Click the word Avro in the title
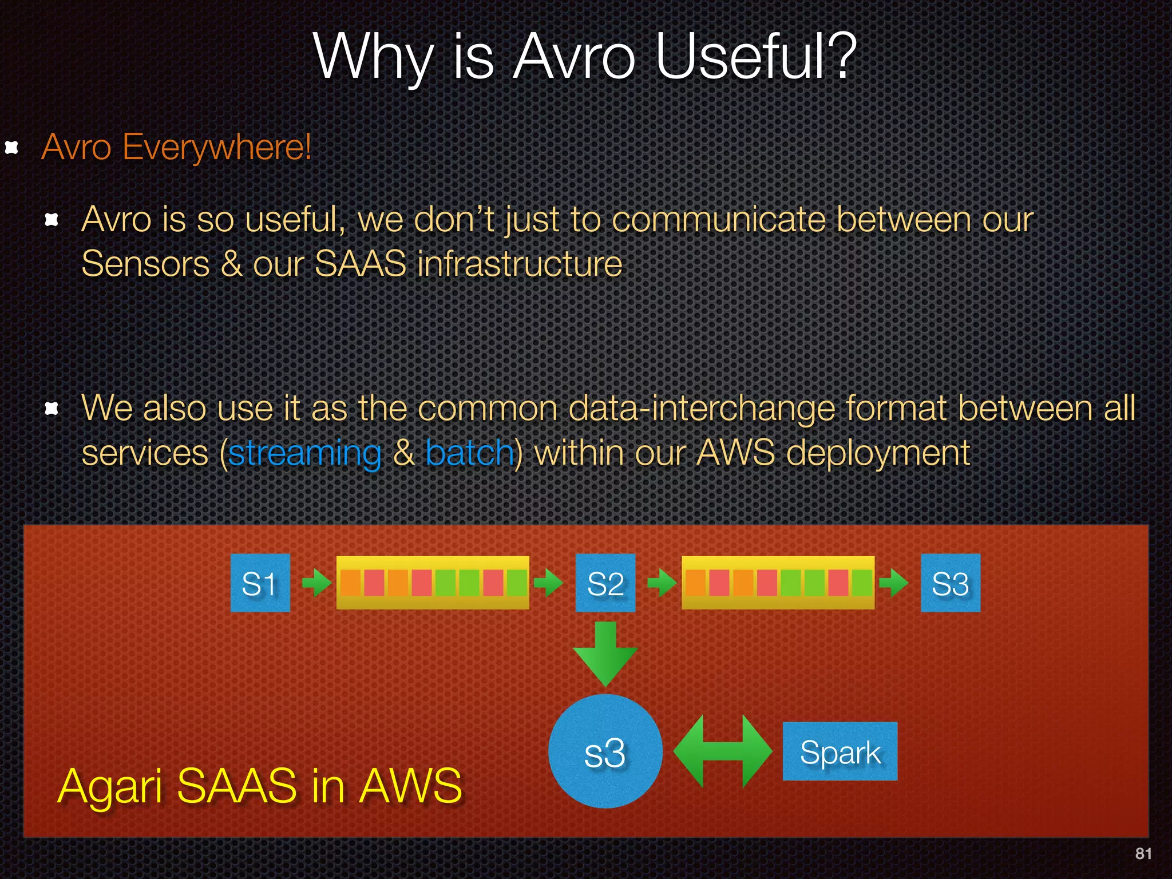tap(574, 57)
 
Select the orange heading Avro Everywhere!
tap(176, 147)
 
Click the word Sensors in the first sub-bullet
tap(145, 264)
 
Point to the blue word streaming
tap(304, 454)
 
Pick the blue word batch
tap(470, 453)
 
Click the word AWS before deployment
tap(735, 453)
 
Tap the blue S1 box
tap(260, 583)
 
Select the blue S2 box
tap(605, 583)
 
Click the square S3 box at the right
tap(950, 583)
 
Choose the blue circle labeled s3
tap(605, 751)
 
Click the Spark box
tap(840, 751)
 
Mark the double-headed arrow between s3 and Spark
tap(722, 751)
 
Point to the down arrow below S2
tap(605, 654)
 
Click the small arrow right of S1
tap(316, 583)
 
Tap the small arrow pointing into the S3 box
tap(894, 583)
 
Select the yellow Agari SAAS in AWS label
tap(259, 786)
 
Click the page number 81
tap(1143, 853)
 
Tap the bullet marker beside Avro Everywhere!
tap(11, 148)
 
